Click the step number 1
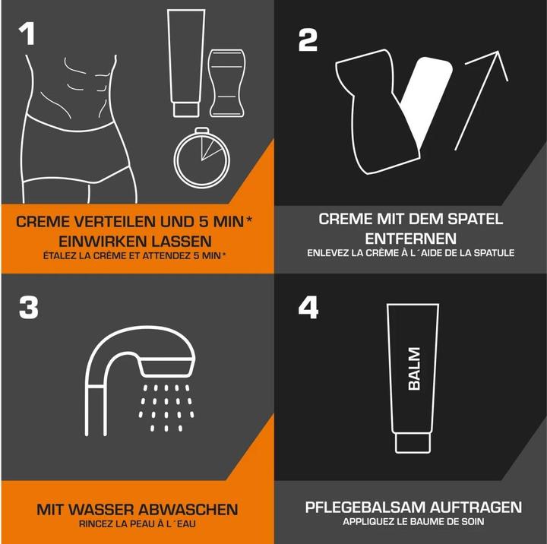pos(27,34)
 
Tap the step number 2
pos(308,40)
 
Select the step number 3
pos(29,308)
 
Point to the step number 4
pos(308,308)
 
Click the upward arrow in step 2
pos(482,100)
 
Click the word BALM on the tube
pos(414,368)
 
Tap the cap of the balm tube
pos(413,443)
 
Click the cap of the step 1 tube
pos(186,109)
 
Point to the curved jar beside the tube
pos(226,84)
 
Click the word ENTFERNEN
pos(410,239)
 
